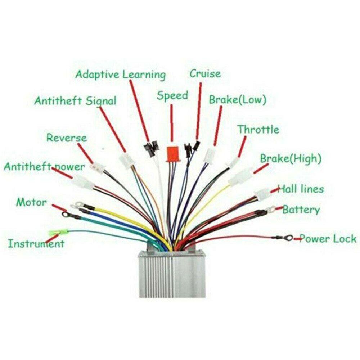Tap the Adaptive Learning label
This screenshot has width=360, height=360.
[x=121, y=75]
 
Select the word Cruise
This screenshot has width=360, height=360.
[x=205, y=74]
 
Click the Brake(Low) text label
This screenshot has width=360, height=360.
[x=237, y=100]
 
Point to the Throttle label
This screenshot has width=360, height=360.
[x=258, y=130]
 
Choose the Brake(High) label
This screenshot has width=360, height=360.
[x=291, y=159]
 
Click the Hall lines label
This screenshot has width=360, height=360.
[x=301, y=189]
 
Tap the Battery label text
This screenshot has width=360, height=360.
[x=301, y=210]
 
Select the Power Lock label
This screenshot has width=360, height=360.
[x=328, y=239]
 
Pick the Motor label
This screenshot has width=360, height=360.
[x=31, y=202]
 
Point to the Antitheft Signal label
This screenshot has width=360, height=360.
[x=75, y=101]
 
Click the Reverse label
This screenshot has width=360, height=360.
[x=67, y=138]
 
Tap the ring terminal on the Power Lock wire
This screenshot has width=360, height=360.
[x=288, y=238]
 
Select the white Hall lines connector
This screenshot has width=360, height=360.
[x=262, y=194]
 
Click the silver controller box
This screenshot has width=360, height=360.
[x=172, y=273]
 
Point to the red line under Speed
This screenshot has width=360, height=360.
[x=171, y=123]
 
